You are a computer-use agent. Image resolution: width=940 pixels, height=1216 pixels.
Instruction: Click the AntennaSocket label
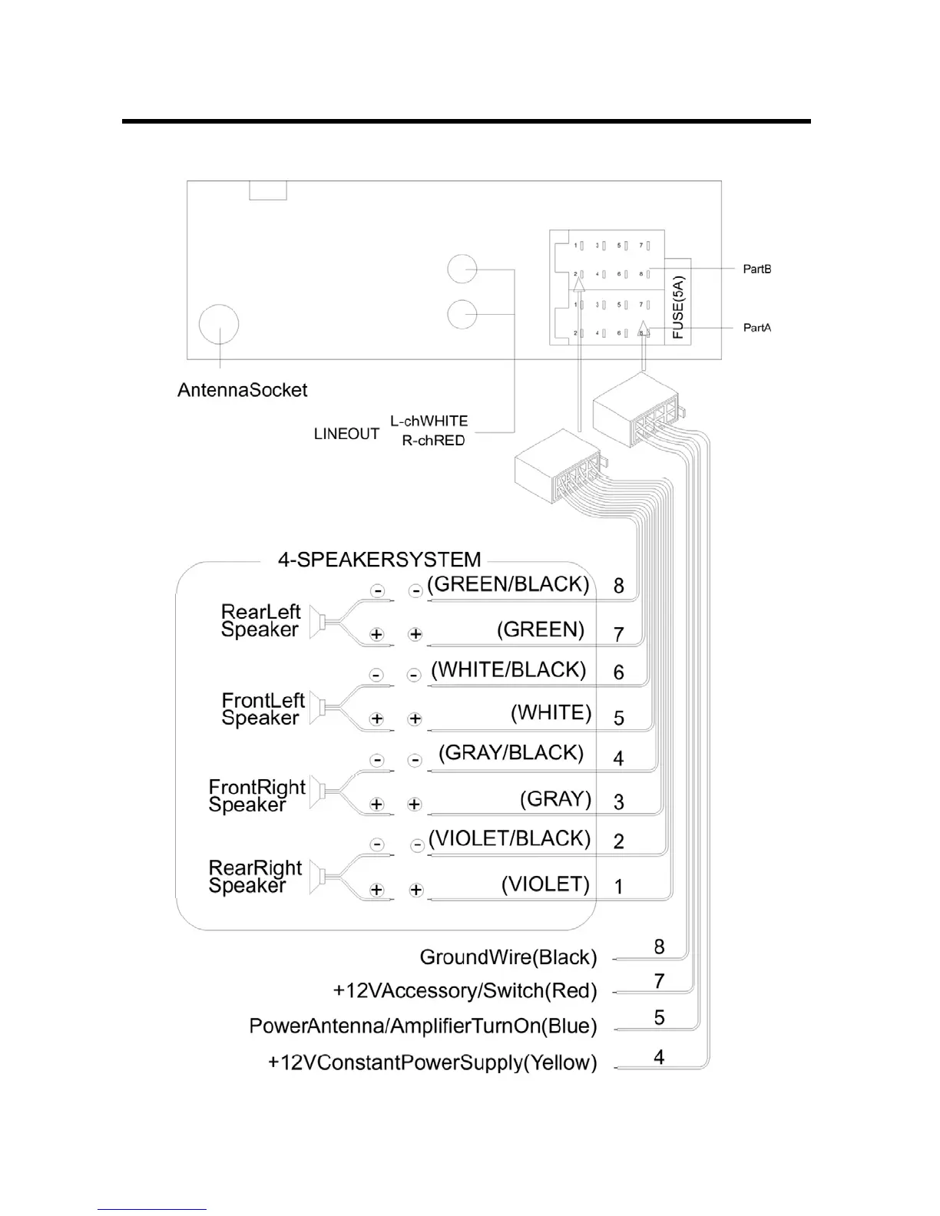point(242,390)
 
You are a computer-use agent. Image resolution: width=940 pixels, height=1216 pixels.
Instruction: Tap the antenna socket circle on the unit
point(219,325)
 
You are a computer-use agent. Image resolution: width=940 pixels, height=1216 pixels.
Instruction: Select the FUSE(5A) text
point(678,308)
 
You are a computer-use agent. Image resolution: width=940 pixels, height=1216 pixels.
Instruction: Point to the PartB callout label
point(756,269)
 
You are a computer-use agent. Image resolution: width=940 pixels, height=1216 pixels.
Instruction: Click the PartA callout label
point(756,328)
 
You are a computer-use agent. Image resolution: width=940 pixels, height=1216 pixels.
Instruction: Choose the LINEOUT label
point(346,434)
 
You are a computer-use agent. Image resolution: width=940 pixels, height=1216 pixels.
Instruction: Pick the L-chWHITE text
point(429,421)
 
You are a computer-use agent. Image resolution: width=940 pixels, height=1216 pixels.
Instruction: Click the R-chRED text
point(434,441)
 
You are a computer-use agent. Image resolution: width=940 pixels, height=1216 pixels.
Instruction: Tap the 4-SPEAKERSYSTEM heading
point(379,559)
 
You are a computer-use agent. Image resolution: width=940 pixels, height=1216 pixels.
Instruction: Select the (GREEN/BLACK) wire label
point(508,584)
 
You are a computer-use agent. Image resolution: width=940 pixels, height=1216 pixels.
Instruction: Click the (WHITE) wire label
point(551,712)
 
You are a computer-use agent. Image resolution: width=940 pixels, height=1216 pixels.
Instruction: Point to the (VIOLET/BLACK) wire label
point(510,838)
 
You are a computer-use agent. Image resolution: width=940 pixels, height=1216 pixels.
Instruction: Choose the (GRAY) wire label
point(556,798)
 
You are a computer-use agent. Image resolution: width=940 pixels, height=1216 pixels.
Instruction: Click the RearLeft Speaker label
point(260,620)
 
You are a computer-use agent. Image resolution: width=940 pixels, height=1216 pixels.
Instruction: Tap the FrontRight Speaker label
point(257,795)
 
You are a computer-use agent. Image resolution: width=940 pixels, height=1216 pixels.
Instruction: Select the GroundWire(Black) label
point(508,957)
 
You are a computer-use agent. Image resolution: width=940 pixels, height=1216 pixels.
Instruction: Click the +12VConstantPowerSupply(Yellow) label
point(432,1062)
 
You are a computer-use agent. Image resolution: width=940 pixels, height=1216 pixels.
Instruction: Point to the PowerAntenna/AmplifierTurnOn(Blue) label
point(423,1026)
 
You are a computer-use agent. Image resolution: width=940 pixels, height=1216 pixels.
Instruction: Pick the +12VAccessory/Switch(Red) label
point(465,991)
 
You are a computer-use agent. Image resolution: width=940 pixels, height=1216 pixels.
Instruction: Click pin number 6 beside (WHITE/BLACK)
point(619,672)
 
